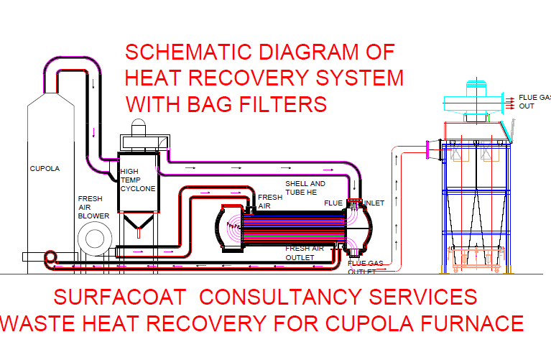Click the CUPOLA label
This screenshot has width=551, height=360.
(45, 169)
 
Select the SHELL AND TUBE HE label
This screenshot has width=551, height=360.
(305, 188)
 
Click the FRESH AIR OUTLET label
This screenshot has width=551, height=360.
(305, 252)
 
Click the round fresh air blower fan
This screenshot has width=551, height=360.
(93, 238)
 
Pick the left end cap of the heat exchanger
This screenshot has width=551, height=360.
(228, 229)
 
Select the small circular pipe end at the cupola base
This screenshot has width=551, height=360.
(51, 257)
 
